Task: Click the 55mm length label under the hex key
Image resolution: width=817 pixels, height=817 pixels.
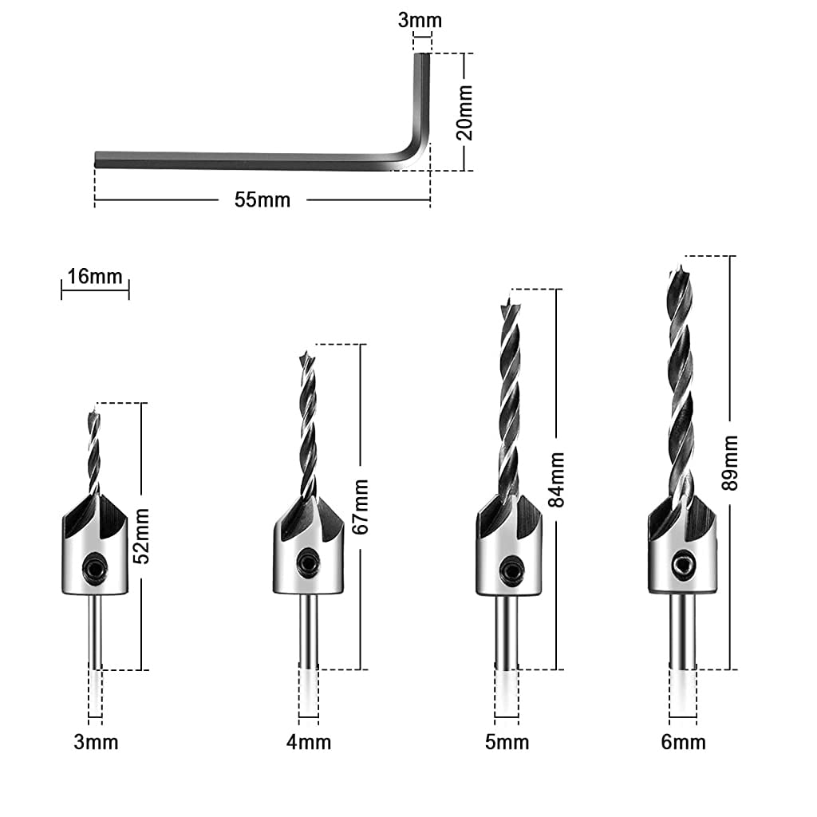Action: [262, 200]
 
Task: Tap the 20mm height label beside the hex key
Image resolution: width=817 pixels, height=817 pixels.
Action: [465, 112]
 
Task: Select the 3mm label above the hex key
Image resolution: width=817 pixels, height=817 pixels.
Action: [420, 20]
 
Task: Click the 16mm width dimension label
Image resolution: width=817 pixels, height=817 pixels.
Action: [95, 277]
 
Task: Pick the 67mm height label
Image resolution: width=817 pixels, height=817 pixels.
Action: [361, 507]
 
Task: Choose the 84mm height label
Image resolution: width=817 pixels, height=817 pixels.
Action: [556, 480]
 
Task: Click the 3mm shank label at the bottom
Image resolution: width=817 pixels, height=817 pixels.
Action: [96, 742]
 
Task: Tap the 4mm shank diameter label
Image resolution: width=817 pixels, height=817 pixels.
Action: [308, 742]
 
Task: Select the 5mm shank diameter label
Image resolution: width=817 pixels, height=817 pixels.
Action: [507, 742]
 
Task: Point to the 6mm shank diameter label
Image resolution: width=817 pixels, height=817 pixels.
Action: [683, 742]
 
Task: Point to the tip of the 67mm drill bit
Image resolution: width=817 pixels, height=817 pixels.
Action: [303, 353]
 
